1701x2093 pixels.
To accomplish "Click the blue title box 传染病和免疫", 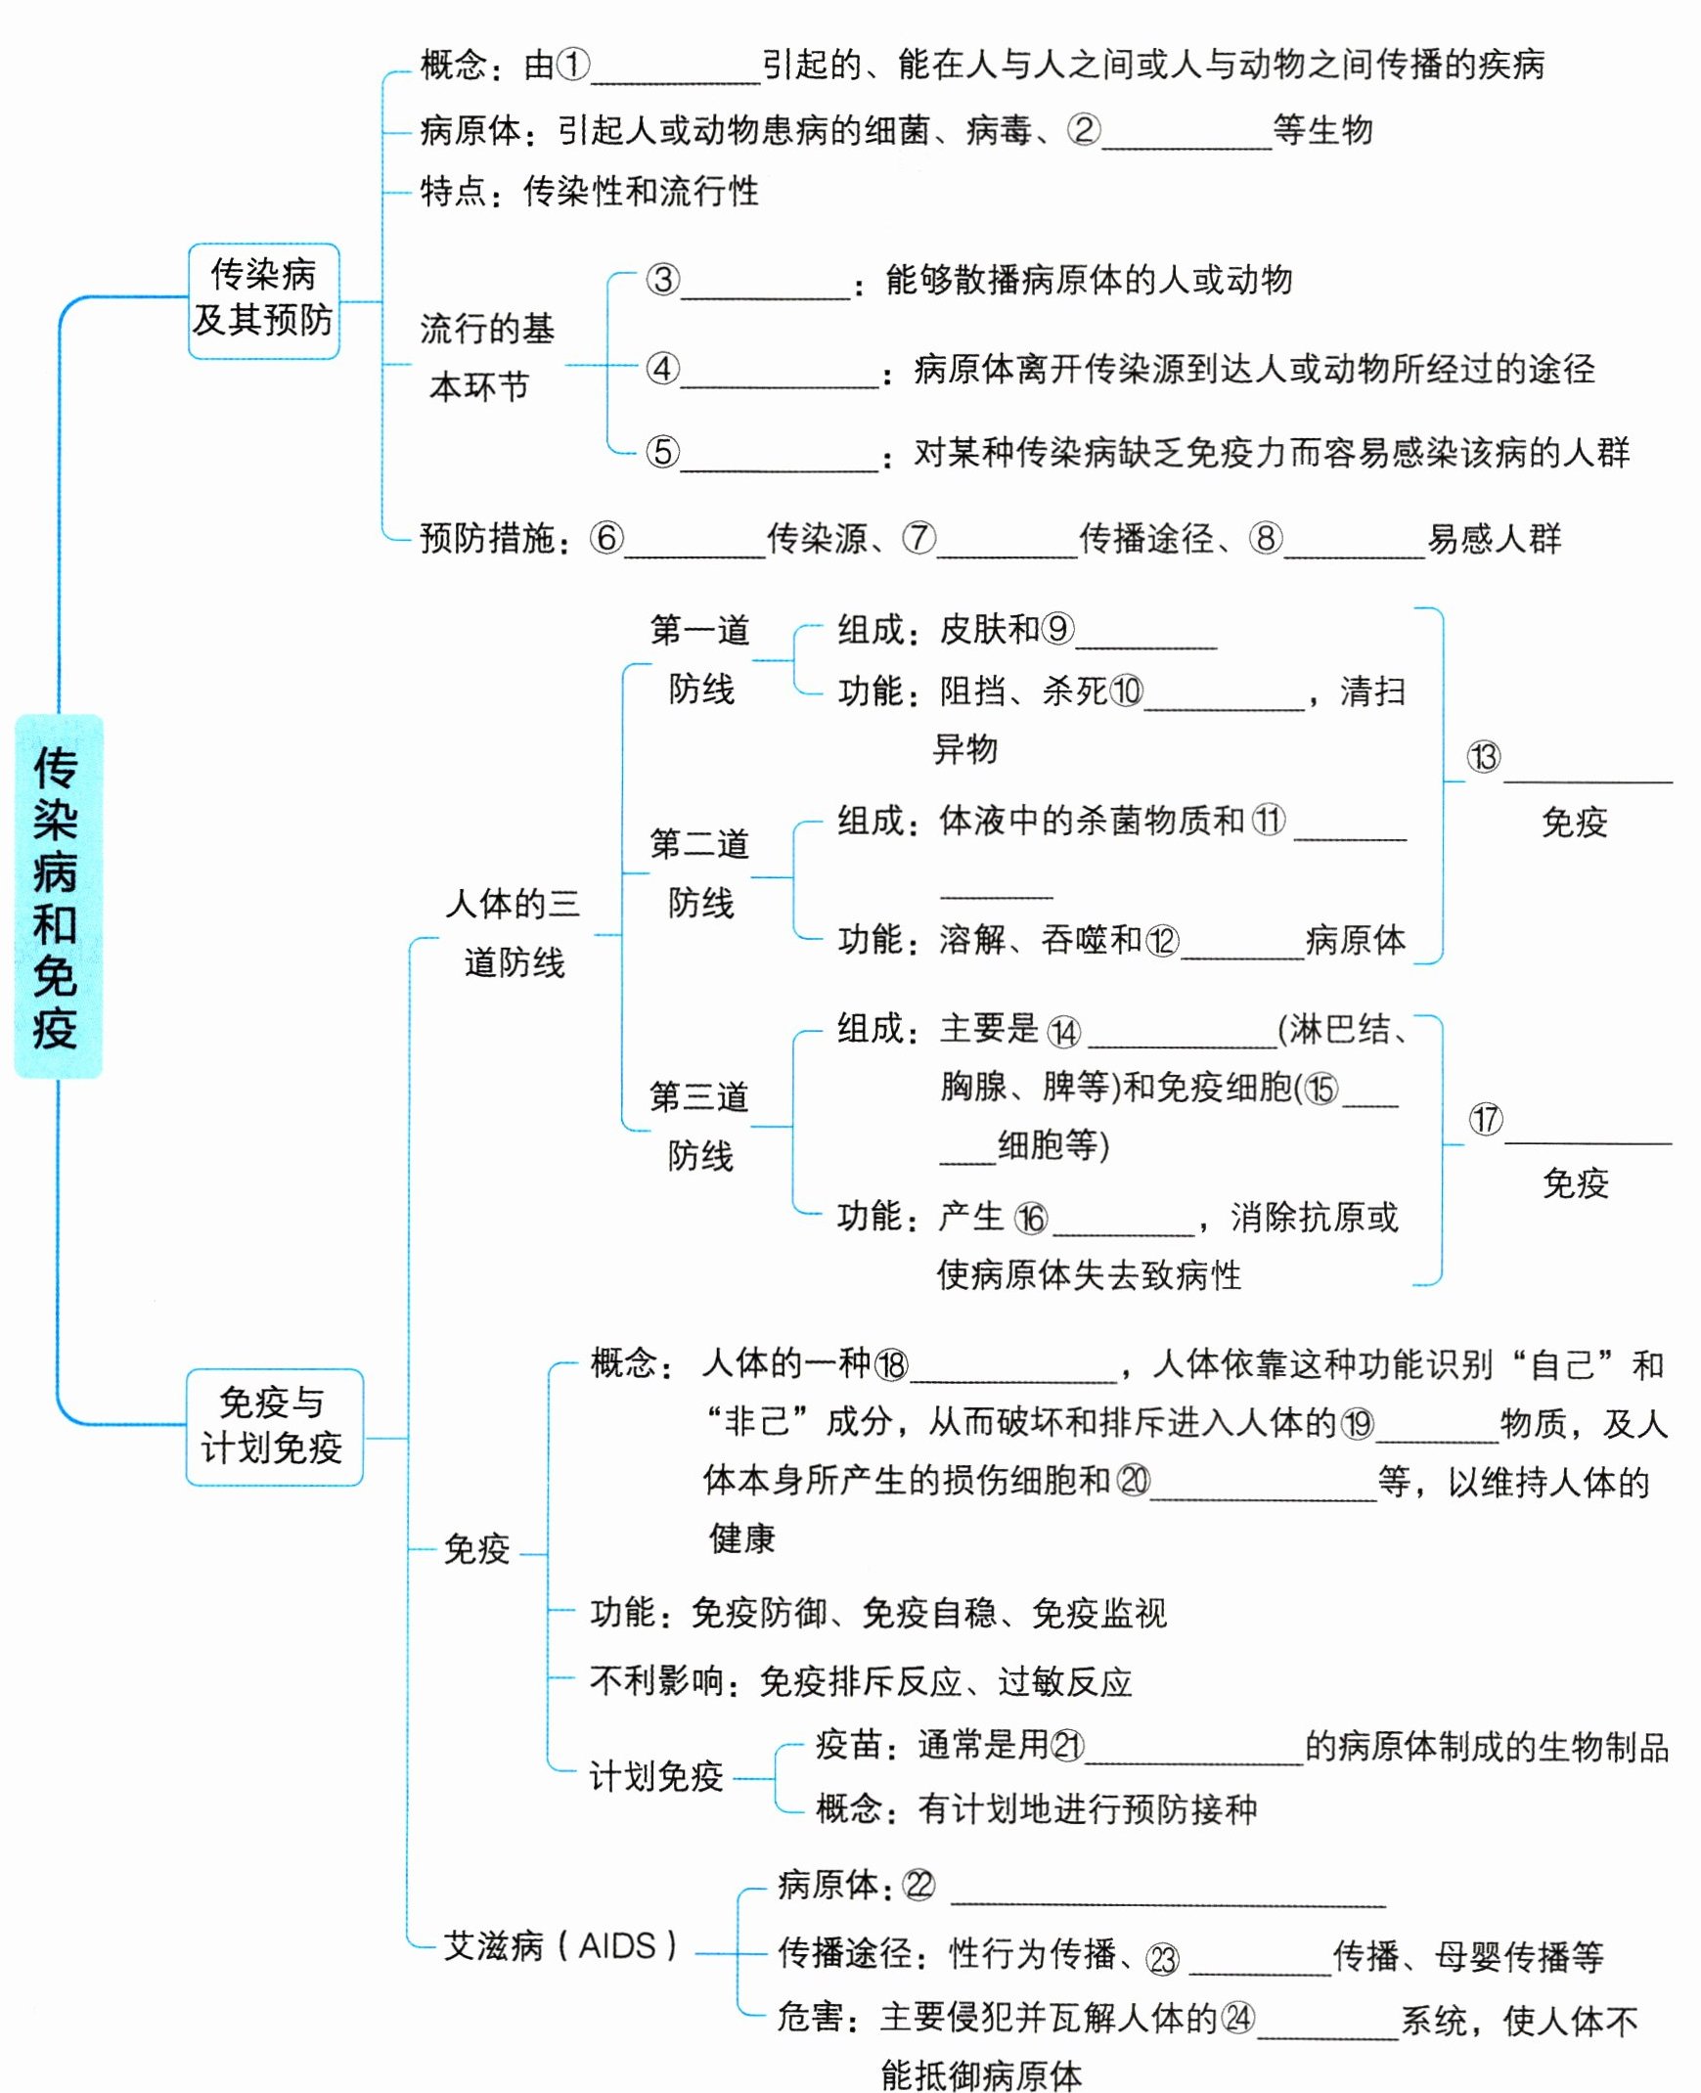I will (58, 896).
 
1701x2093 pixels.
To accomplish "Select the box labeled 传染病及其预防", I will (263, 300).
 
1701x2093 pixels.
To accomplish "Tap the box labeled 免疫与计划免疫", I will (273, 1426).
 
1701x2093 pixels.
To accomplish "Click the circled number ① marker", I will (573, 65).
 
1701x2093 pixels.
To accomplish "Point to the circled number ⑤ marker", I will (662, 452).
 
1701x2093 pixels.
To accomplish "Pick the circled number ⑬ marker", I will (1484, 756).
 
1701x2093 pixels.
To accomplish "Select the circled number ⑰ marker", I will (1486, 1119).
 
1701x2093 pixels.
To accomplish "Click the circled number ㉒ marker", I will (919, 1885).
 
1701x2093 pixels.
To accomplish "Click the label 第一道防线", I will (700, 658).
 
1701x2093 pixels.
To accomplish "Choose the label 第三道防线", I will (699, 1126).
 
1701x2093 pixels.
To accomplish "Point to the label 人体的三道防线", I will (514, 932).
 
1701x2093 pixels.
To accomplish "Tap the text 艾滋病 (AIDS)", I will (560, 1946).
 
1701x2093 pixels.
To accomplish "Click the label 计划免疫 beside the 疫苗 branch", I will (655, 1776).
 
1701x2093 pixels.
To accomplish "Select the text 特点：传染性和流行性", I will (589, 191).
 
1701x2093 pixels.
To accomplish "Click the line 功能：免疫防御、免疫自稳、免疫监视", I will (877, 1613).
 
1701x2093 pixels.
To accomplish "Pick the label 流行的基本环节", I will (486, 357).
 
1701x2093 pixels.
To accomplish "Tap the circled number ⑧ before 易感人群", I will (1265, 537).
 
